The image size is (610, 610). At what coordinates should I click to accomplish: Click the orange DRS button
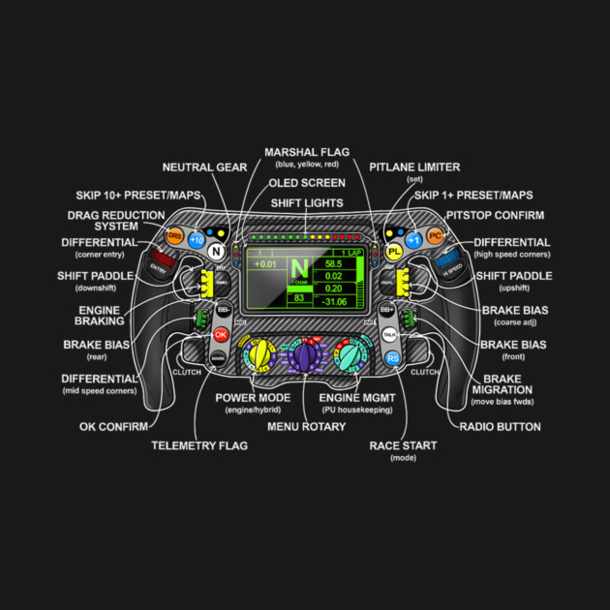point(174,235)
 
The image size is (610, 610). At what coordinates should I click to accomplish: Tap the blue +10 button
point(198,239)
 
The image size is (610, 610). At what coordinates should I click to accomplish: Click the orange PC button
point(436,235)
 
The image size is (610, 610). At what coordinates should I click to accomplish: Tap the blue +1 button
point(413,239)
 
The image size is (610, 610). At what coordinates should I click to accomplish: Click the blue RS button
point(392,357)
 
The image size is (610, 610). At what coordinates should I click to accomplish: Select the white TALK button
point(389,334)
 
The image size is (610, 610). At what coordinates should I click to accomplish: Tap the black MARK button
point(219,357)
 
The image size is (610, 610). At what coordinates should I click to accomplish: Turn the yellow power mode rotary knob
point(259,355)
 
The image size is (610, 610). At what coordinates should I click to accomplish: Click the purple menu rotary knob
point(306,358)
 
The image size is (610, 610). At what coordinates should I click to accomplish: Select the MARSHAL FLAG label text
point(307,152)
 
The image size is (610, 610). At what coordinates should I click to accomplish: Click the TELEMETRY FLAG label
point(199,445)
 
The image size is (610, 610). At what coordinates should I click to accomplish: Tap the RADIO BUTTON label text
point(501,426)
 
